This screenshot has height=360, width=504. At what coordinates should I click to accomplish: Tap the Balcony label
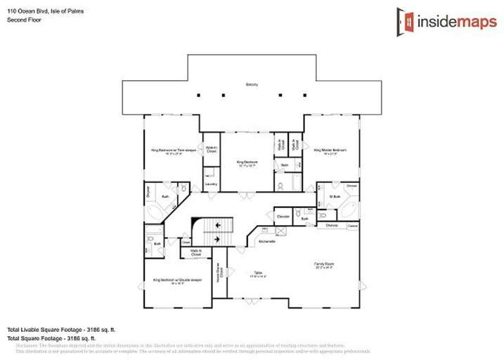(x=252, y=84)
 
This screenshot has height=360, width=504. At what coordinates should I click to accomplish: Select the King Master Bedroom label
(x=330, y=150)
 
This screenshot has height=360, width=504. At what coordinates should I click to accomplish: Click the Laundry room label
(x=210, y=184)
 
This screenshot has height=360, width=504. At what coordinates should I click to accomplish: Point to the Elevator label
(x=283, y=216)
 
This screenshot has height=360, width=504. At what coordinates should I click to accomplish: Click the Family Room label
(x=324, y=264)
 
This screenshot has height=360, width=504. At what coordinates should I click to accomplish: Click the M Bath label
(x=335, y=196)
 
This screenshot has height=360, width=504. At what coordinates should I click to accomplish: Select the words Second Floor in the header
(x=22, y=20)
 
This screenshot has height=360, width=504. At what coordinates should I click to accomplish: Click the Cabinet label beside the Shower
(x=353, y=225)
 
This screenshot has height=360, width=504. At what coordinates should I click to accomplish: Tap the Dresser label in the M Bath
(x=351, y=186)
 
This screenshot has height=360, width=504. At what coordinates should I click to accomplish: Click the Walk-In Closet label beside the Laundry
(x=211, y=150)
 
